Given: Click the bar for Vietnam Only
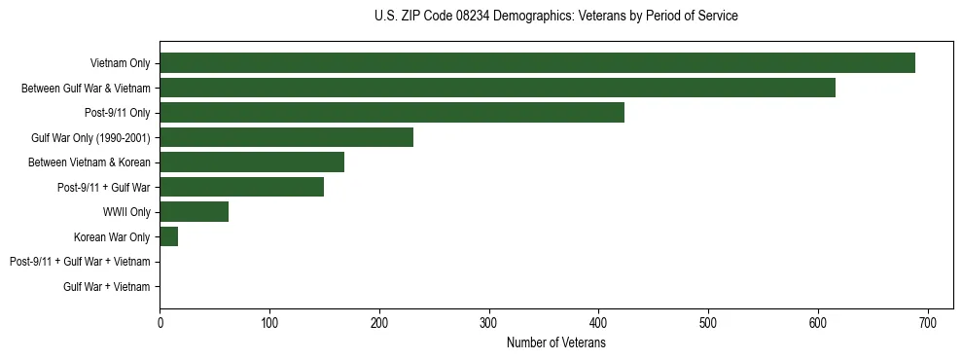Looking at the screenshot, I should click(x=537, y=63).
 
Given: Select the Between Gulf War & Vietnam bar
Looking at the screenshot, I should click(x=497, y=88).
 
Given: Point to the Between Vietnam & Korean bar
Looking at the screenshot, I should click(x=252, y=162).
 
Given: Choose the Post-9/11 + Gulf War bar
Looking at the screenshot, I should click(x=241, y=187).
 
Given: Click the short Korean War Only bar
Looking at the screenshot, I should click(x=168, y=236).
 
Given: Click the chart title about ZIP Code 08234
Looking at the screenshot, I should click(x=555, y=17).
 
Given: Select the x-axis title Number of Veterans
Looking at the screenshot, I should click(x=555, y=343).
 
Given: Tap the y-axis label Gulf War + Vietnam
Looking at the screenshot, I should click(x=107, y=286).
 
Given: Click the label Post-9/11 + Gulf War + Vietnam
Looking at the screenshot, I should click(x=80, y=262).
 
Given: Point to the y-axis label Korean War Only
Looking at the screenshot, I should click(x=112, y=236).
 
